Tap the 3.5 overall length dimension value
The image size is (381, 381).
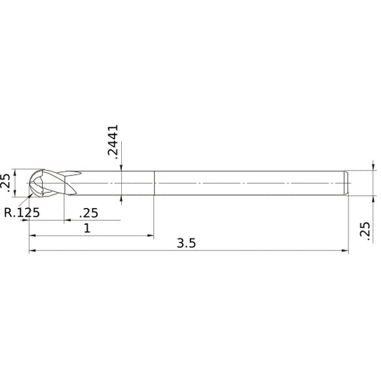click(x=187, y=244)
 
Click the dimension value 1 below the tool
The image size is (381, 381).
click(x=88, y=229)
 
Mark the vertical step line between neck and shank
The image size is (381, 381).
click(x=155, y=184)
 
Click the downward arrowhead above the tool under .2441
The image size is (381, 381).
click(x=122, y=168)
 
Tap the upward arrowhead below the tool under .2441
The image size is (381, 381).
click(x=122, y=200)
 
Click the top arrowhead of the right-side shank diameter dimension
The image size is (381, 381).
click(x=373, y=168)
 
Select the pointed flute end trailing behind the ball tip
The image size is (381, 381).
click(x=75, y=172)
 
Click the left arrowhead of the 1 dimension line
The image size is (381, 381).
click(x=33, y=235)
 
